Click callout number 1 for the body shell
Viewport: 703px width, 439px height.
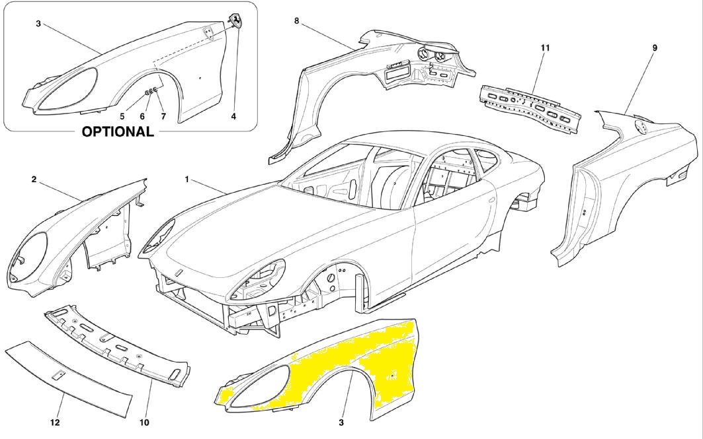point(187,179)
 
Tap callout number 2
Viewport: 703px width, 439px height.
point(33,179)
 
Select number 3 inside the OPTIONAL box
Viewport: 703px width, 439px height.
point(38,24)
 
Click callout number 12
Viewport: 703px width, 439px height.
point(56,422)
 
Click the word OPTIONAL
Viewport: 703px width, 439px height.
point(118,131)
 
